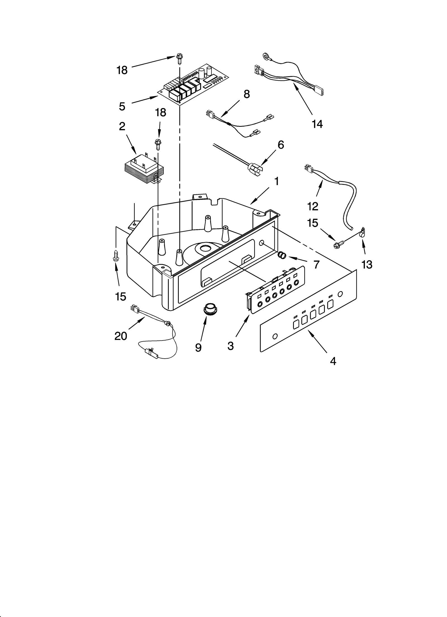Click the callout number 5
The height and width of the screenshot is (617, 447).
tap(122, 106)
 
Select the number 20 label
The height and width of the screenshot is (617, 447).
tap(121, 336)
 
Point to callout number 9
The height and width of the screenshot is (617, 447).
tap(198, 347)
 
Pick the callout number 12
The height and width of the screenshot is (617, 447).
tap(313, 206)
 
